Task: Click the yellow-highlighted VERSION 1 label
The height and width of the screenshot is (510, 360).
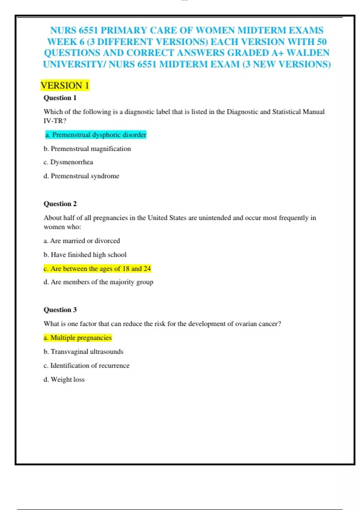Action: pos(65,85)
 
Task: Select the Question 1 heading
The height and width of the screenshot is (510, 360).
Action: pos(60,98)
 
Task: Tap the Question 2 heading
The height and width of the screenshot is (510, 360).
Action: pos(60,204)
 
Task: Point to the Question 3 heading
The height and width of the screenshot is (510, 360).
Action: pos(60,310)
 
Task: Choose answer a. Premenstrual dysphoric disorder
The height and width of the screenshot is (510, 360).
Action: pos(96,135)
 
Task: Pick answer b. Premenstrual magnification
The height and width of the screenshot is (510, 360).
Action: pos(87,149)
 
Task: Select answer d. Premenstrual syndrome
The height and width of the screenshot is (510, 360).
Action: pos(81,176)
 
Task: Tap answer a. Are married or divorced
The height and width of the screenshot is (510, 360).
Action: pos(82,241)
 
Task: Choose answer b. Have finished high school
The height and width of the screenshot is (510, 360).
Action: pos(85,255)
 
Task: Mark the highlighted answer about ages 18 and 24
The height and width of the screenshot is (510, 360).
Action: pos(97,268)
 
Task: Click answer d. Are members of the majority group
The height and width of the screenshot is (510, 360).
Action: pos(98,282)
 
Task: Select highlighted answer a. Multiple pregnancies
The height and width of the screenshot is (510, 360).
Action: pos(77,338)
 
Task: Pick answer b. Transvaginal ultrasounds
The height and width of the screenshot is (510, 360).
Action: pos(83,352)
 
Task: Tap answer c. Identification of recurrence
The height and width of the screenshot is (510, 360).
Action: pos(86,365)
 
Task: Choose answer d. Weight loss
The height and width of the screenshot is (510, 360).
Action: pos(64,379)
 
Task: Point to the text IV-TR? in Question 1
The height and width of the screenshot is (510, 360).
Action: pos(55,121)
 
